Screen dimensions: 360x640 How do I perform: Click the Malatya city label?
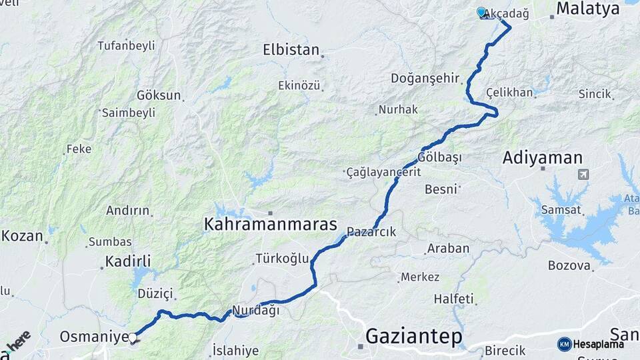587,9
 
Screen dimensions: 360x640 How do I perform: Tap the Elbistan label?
291,49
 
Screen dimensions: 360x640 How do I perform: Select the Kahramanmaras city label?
270,225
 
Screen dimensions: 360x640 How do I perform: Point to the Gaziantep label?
414,337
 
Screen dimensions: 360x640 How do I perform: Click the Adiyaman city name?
543,158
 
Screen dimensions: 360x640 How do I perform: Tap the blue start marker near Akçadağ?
481,12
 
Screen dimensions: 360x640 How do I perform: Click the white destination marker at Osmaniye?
133,338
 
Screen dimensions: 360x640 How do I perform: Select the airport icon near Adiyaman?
584,175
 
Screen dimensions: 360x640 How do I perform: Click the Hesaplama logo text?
598,344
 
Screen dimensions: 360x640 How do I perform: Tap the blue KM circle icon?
564,344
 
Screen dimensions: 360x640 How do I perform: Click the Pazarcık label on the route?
371,233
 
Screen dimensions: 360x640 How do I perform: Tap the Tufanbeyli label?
126,46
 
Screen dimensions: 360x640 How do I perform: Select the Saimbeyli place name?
128,113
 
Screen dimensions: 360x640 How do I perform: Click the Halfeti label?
453,298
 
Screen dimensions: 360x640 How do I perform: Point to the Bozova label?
569,265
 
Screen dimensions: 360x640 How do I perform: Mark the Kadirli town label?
128,261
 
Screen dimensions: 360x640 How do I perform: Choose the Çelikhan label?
509,93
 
